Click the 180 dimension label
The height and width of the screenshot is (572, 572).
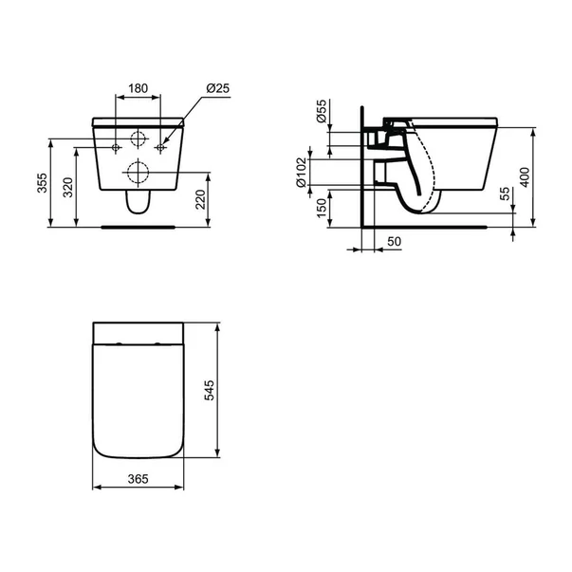(138, 88)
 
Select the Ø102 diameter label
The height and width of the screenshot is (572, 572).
(303, 173)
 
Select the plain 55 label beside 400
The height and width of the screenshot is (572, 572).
(505, 193)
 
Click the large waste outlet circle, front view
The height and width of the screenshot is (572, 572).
(138, 174)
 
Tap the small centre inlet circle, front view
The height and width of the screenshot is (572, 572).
(138, 138)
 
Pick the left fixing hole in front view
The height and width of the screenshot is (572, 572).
(116, 148)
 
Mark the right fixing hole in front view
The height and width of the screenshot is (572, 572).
(161, 148)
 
